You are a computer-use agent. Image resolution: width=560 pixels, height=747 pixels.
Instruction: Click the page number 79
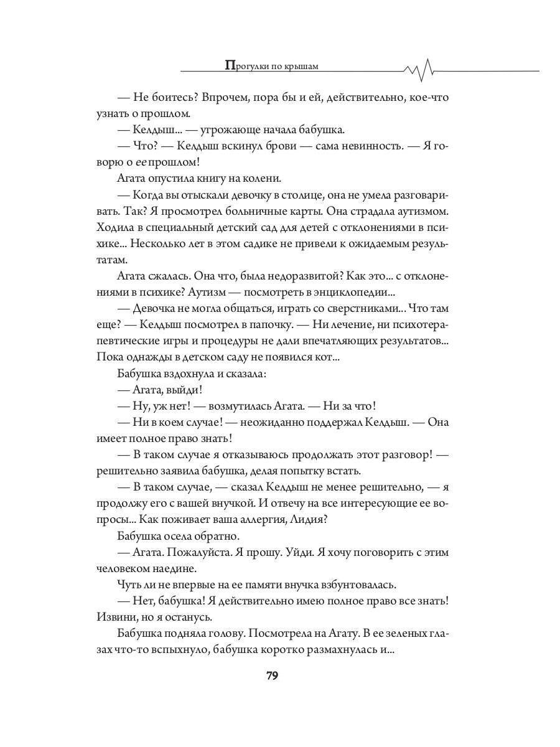[x=272, y=676]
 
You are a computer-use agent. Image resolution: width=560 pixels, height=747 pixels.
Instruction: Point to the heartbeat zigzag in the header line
[x=421, y=70]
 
